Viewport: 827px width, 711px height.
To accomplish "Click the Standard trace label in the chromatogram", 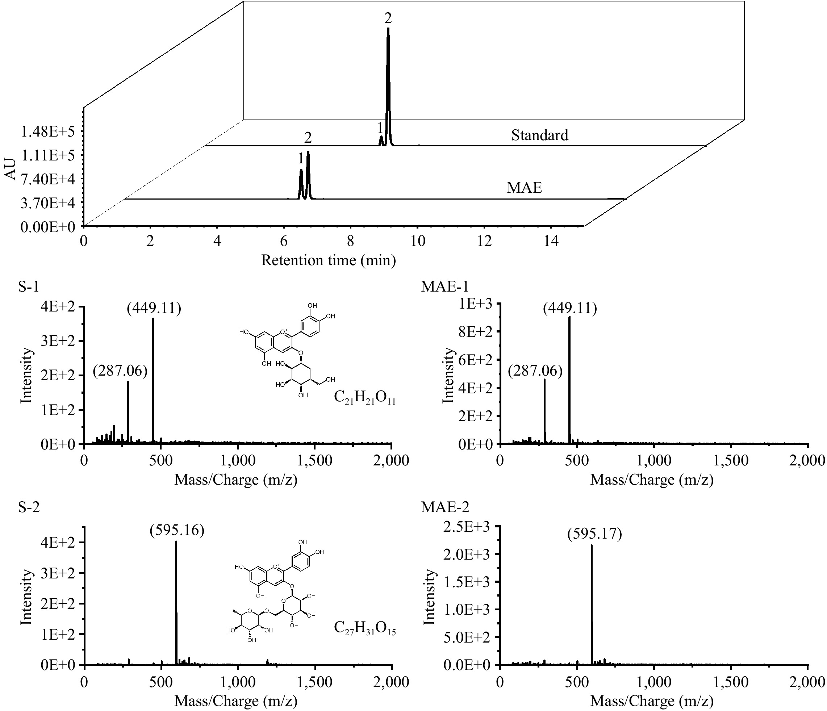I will (539, 135).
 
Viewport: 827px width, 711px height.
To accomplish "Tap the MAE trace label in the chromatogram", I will (524, 188).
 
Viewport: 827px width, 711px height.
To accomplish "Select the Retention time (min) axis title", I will (328, 260).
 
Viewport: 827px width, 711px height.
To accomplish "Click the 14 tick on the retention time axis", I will (551, 241).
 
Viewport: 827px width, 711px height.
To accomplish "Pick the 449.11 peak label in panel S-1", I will (154, 309).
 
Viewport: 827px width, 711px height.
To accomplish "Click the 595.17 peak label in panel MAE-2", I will (594, 534).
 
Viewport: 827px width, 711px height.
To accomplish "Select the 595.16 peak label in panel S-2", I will (177, 530).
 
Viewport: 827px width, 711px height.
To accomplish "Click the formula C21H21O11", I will (364, 398).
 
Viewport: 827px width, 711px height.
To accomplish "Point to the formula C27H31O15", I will (364, 628).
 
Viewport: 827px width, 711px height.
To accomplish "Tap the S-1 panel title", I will (29, 287).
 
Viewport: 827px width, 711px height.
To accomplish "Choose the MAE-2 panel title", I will (445, 507).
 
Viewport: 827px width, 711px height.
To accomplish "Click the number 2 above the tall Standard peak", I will (388, 18).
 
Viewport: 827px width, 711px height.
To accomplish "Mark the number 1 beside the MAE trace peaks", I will (301, 159).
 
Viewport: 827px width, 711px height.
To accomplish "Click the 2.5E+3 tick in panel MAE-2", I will (466, 527).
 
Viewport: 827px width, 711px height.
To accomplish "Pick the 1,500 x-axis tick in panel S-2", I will (315, 682).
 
